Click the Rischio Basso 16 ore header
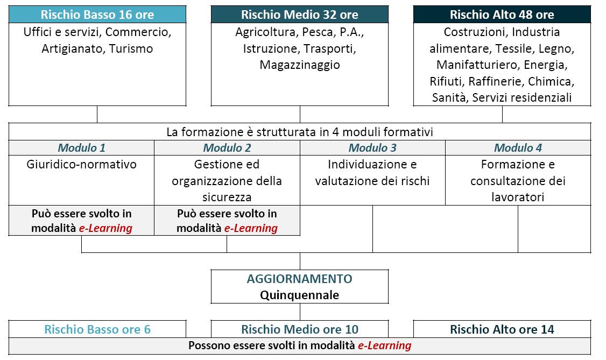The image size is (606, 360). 97,15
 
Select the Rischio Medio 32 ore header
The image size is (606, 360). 300,15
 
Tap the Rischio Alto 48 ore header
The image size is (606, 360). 502,15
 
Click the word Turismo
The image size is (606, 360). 131,48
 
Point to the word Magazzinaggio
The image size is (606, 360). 300,65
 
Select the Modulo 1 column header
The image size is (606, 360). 82,147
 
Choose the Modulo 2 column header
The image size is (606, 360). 227,147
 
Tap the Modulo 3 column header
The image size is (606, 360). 372,147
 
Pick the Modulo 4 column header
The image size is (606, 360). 518,147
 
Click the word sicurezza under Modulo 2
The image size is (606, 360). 227,197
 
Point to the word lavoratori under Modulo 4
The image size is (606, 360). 518,197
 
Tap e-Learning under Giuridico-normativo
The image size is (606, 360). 105,228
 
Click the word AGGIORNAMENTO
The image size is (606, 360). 300,279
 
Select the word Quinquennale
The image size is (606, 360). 300,295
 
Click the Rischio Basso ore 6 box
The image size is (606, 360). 97,329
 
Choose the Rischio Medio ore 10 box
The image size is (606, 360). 300,329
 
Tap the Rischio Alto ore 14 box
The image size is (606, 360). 502,329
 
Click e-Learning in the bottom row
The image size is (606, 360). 385,345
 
